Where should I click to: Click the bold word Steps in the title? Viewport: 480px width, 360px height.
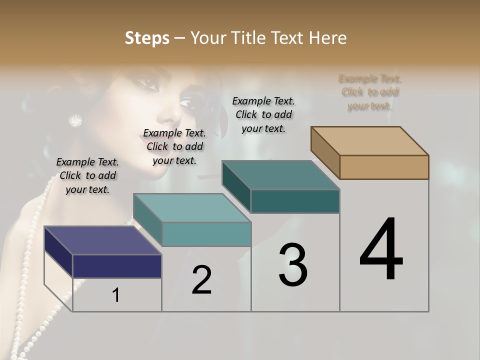[146, 38]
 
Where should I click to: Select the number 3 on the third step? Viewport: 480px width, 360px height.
[293, 265]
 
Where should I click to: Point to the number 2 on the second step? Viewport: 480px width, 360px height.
[201, 280]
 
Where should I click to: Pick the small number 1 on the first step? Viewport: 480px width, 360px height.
[115, 295]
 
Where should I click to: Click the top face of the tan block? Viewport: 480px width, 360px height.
[370, 140]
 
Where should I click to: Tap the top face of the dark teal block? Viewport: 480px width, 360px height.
[280, 175]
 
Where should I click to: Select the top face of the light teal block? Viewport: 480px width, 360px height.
[192, 208]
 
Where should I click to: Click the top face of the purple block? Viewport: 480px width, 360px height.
[102, 240]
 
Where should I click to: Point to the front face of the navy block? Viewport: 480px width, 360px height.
[117, 266]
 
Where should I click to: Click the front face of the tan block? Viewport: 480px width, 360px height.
[384, 167]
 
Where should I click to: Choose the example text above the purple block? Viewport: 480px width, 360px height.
[87, 175]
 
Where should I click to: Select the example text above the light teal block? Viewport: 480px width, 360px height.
[174, 146]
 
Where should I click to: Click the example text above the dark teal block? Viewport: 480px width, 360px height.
[263, 114]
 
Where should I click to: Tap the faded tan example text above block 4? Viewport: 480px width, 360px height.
[370, 92]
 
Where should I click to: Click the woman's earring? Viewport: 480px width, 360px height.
[75, 120]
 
